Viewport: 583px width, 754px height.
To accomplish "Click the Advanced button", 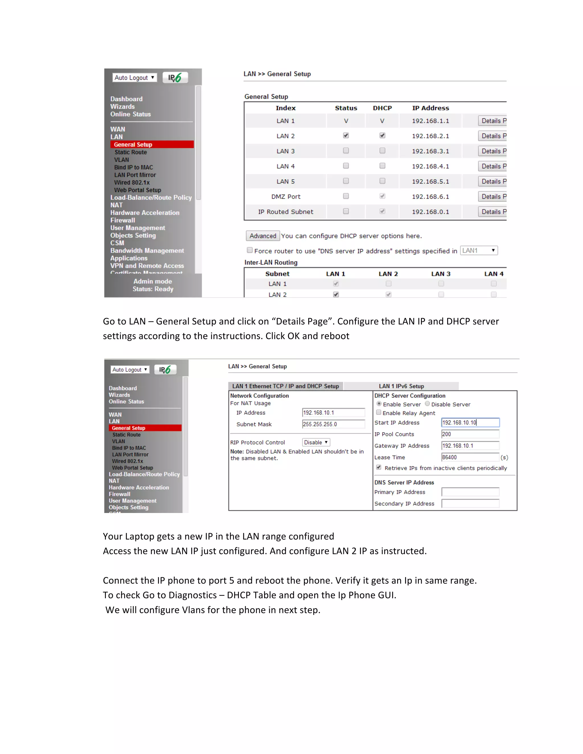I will click(262, 236).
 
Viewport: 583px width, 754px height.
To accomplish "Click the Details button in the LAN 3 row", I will click(492, 151).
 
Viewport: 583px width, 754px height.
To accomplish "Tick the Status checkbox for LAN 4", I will click(346, 166).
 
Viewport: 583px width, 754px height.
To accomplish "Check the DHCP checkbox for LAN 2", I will click(382, 135).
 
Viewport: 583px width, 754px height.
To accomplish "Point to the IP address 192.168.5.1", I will click(430, 182).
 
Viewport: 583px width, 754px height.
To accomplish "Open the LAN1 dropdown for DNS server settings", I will click(479, 251).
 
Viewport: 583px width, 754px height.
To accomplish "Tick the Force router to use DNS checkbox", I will click(250, 250).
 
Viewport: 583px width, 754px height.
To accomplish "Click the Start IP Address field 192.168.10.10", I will click(470, 423).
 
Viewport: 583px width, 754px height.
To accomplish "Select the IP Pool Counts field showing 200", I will click(470, 434).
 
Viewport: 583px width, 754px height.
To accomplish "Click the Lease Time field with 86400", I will click(470, 458).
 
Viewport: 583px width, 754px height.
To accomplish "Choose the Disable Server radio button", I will click(428, 403).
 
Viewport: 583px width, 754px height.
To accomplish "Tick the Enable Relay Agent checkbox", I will click(379, 412).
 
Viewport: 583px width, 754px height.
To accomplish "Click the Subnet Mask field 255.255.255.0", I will click(333, 424).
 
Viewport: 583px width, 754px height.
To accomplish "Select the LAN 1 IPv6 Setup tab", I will click(401, 386).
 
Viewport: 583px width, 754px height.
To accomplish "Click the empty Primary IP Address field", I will click(470, 492).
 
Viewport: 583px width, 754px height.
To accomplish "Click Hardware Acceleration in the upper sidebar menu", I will click(145, 213).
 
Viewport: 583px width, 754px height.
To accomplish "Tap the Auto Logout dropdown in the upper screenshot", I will click(134, 78).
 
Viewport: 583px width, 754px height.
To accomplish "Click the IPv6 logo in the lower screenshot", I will click(165, 370).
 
